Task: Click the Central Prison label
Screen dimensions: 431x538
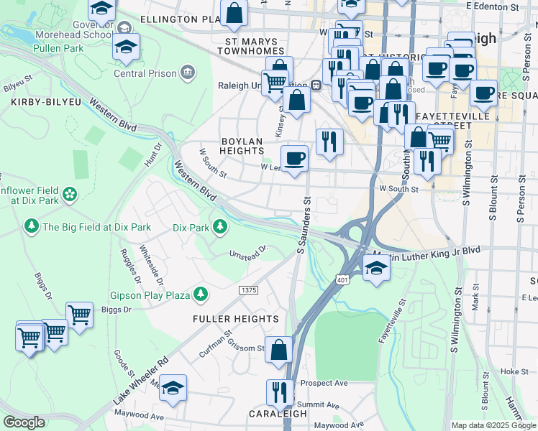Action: tap(146, 72)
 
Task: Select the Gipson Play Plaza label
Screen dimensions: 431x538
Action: tap(150, 295)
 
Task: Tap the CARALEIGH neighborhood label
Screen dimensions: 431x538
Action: tap(278, 414)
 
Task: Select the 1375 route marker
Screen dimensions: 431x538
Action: tap(248, 289)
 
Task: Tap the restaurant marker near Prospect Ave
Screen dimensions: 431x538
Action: tap(280, 392)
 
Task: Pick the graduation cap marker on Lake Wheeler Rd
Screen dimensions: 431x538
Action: tap(173, 388)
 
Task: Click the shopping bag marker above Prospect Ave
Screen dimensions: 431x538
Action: tap(278, 351)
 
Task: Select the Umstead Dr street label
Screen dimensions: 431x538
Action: tap(248, 252)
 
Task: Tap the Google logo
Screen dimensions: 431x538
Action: tap(24, 422)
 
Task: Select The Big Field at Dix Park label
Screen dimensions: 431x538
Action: tap(96, 227)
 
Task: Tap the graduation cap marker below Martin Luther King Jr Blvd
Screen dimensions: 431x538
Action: tap(375, 269)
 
